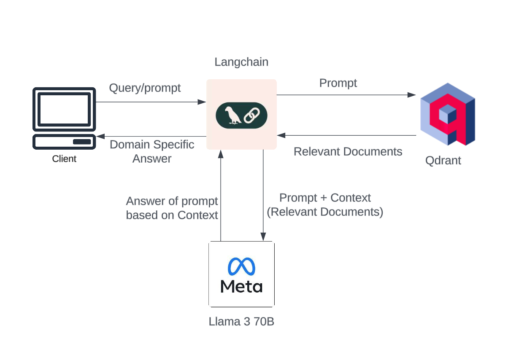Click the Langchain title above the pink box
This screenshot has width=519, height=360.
241,62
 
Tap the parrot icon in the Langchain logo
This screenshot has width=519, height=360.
232,115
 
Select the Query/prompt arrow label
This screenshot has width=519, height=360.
145,88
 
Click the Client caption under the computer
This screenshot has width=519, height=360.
64,159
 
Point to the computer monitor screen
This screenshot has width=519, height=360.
64,109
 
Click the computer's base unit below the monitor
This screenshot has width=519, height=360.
64,142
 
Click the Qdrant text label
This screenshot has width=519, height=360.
443,161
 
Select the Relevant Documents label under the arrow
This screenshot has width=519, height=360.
348,151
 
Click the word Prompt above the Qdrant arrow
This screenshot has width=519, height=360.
338,83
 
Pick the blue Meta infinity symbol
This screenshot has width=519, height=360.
241,266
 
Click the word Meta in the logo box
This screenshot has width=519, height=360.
241,287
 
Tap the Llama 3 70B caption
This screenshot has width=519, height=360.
241,322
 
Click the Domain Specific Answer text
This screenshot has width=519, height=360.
152,152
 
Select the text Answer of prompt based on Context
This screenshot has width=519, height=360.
172,208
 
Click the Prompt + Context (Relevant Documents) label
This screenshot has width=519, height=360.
325,205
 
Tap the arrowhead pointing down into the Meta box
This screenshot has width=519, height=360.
263,237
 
